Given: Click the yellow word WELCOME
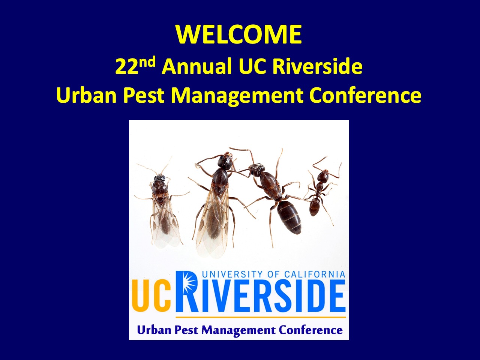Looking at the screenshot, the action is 238,35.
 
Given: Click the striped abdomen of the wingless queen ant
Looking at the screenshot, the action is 289,216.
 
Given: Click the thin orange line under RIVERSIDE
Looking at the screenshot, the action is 261,317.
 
